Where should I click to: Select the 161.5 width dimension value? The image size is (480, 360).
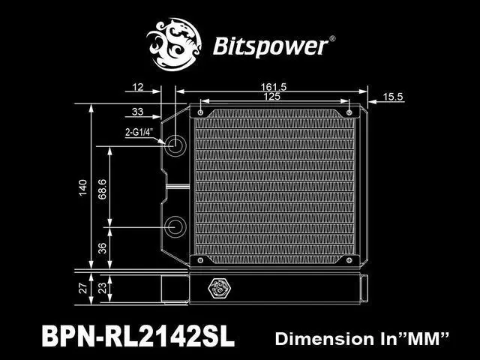(x=275, y=88)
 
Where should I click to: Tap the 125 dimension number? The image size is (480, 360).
(x=275, y=97)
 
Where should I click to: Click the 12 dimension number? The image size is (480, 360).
(x=136, y=88)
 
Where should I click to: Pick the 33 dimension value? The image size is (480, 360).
(x=137, y=112)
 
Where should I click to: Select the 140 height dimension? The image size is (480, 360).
(x=83, y=185)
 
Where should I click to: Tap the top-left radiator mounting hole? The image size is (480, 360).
(x=201, y=112)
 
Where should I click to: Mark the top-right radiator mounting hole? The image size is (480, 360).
(x=350, y=112)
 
